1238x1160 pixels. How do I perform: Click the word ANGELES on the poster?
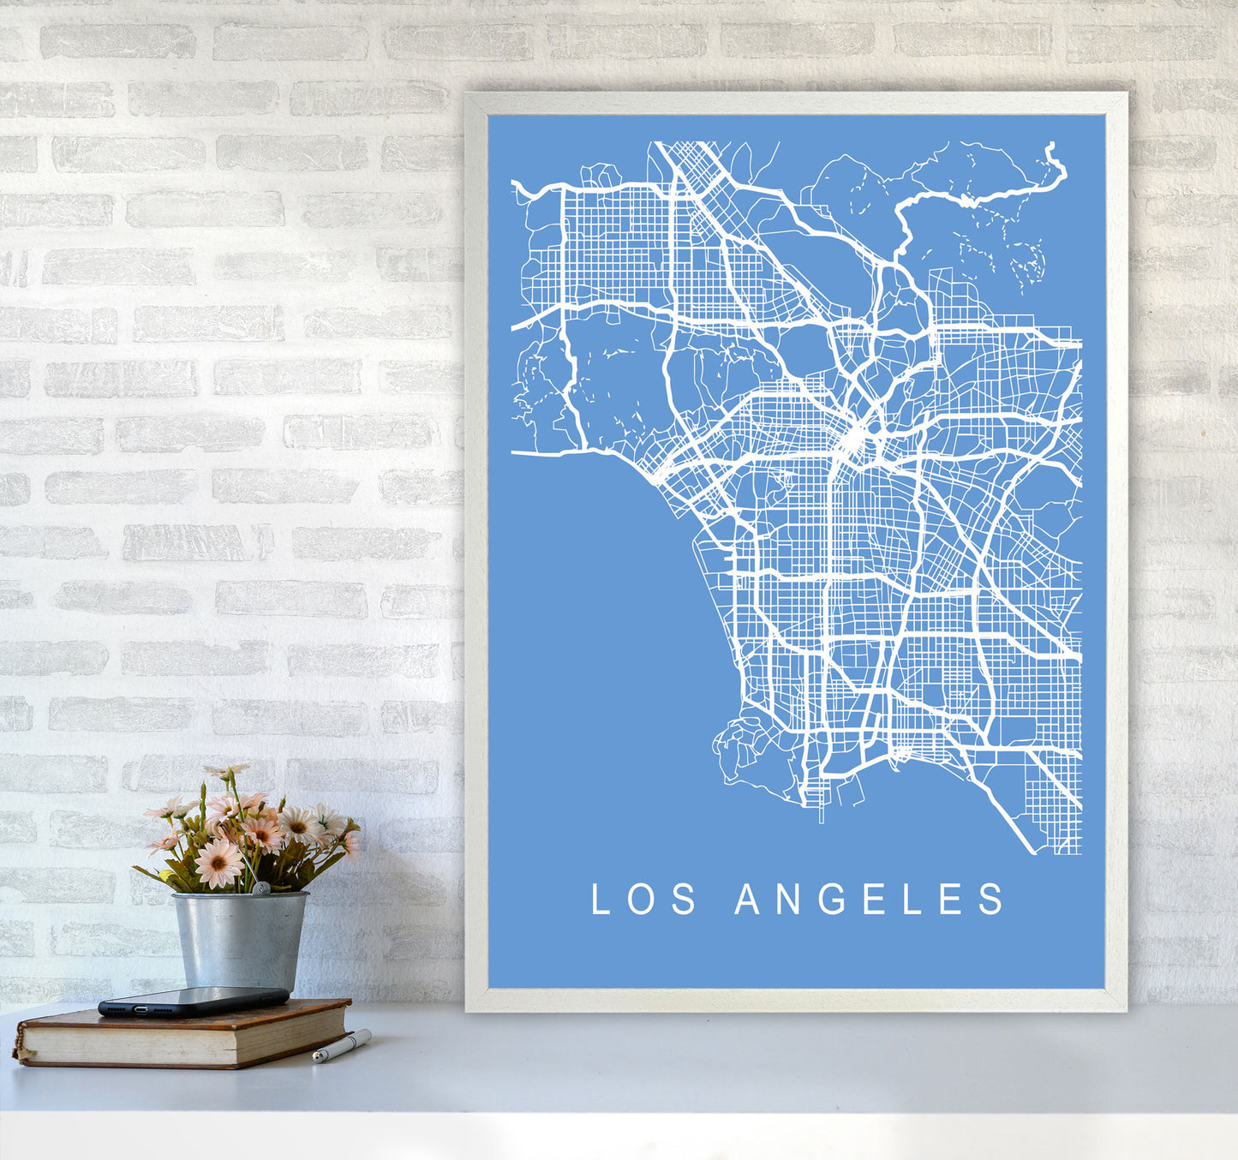coord(870,900)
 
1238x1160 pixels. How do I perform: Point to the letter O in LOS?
coord(642,900)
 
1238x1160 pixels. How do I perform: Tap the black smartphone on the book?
coord(193,1000)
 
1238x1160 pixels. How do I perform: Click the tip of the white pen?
coord(316,1060)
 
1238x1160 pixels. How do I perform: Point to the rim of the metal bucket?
coord(240,896)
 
